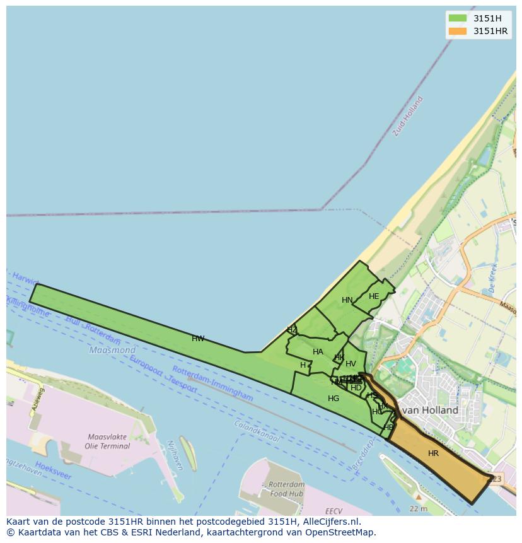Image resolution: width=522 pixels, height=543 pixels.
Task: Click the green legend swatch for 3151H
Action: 458,18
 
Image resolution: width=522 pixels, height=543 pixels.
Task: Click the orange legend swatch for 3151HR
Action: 458,31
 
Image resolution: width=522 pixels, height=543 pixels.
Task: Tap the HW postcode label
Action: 198,339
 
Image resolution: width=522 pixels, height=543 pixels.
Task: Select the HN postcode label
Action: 347,300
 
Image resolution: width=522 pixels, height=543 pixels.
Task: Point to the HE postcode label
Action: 374,296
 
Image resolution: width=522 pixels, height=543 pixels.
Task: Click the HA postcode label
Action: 318,352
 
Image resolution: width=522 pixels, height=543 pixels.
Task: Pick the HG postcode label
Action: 333,399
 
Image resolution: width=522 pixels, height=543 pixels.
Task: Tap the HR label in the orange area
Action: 433,453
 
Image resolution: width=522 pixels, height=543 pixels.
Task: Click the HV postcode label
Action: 351,364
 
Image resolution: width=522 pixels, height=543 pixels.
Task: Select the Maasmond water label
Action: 112,350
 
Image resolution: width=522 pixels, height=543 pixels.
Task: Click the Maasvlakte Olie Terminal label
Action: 107,441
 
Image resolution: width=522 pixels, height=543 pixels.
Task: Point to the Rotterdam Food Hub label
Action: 286,489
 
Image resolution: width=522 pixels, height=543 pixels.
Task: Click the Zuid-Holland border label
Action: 407,116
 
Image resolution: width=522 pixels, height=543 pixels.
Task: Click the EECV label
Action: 333,511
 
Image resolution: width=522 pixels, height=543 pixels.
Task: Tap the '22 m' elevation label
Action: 419,509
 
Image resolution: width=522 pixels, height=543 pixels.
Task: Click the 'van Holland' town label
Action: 430,410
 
